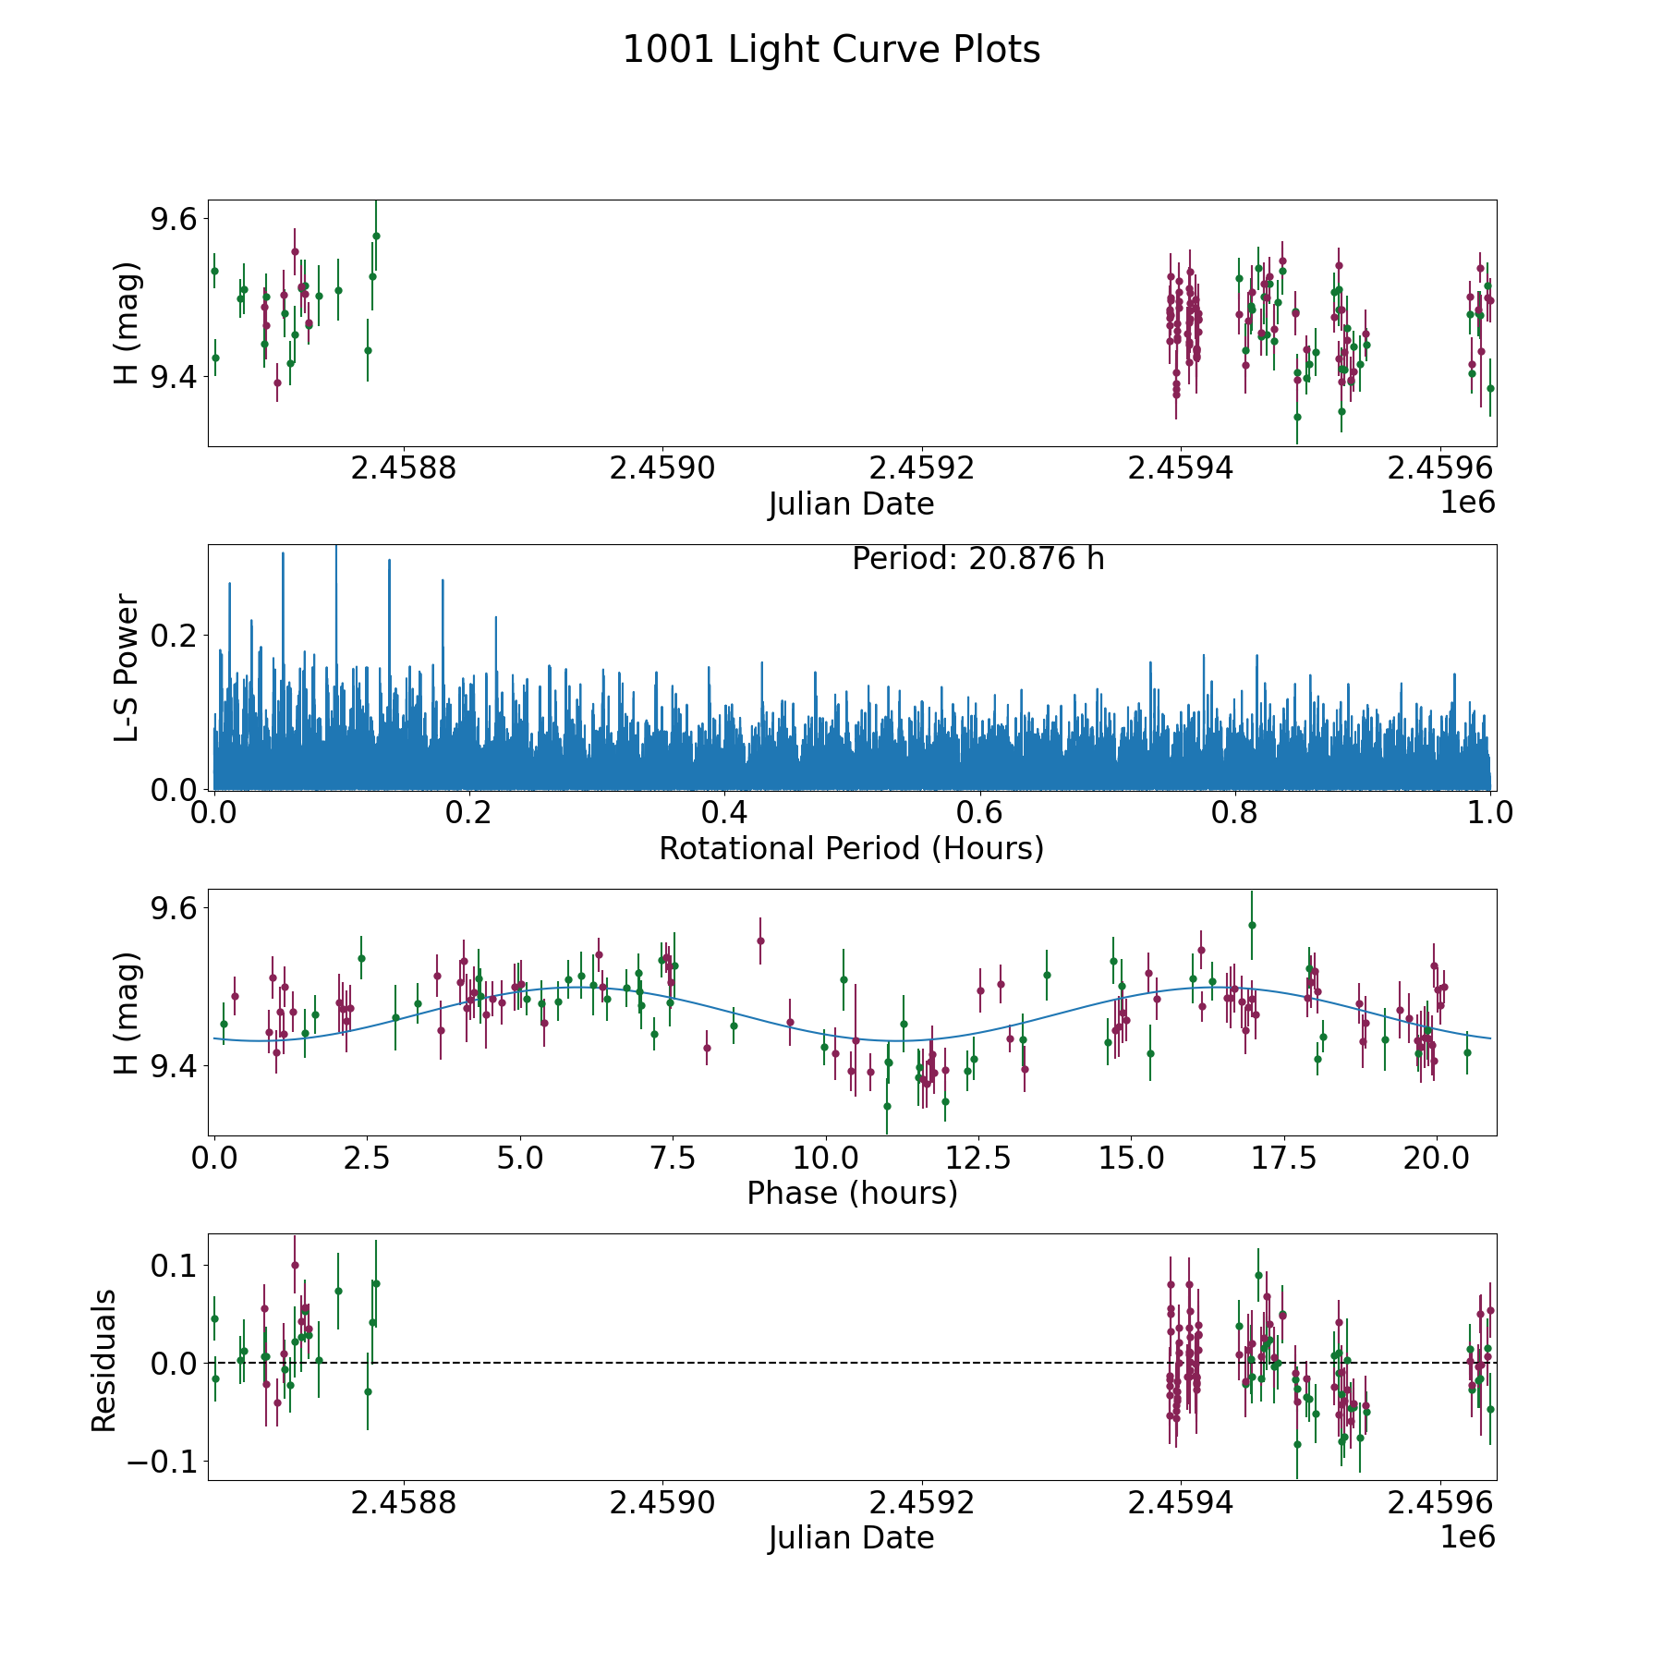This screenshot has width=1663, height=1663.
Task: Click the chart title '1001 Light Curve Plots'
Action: [x=831, y=50]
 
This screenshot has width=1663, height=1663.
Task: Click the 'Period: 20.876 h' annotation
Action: [x=977, y=559]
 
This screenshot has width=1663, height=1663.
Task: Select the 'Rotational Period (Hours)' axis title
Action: [x=851, y=848]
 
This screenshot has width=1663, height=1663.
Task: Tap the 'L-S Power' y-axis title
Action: [x=127, y=667]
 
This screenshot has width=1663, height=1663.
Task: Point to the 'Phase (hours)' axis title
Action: [x=851, y=1193]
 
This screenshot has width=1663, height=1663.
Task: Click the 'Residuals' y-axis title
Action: [x=104, y=1360]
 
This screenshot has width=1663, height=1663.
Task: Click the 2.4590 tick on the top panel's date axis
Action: [x=662, y=469]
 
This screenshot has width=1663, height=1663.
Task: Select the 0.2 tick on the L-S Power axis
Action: [x=175, y=636]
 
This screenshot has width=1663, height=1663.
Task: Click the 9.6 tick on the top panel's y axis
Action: [x=175, y=219]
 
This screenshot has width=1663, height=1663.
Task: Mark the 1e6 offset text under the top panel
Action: [x=1467, y=503]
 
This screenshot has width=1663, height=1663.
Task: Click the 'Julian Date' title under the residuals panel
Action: [x=851, y=1537]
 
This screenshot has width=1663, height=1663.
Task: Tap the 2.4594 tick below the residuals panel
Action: [x=1181, y=1503]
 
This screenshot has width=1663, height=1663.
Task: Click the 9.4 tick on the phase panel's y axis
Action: [x=175, y=1066]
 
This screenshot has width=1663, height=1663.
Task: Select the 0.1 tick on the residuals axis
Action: [x=175, y=1265]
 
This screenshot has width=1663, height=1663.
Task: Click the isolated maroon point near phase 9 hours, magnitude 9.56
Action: [x=760, y=941]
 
